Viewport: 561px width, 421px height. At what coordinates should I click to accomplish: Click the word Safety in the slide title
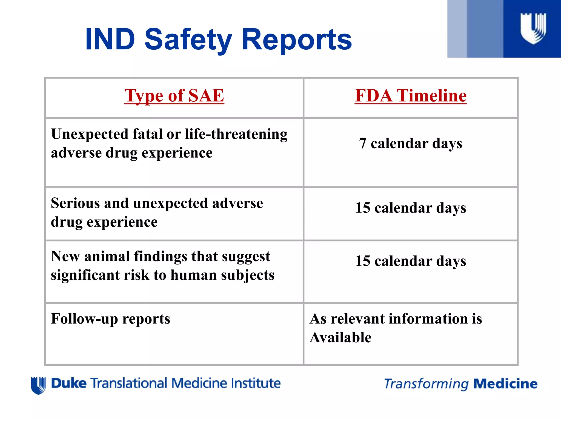(188, 40)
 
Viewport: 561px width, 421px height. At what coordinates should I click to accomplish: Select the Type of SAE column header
(174, 96)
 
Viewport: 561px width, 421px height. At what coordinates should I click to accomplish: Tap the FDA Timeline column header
(410, 96)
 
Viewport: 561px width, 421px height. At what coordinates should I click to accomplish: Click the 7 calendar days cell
(410, 143)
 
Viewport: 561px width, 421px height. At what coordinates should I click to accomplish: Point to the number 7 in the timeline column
(362, 143)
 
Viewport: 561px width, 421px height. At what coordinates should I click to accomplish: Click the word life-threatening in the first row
(236, 134)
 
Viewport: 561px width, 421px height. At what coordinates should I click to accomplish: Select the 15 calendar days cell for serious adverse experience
(410, 208)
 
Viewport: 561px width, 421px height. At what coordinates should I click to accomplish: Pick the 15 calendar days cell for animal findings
(410, 261)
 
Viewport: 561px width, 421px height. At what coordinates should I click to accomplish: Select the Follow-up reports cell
(110, 319)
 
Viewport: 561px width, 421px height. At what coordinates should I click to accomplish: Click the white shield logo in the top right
(533, 28)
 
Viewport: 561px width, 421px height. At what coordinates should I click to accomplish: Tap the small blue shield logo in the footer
(38, 385)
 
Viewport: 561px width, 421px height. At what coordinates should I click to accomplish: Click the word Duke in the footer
(69, 383)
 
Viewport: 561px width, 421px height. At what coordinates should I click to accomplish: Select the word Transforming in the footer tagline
(426, 384)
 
